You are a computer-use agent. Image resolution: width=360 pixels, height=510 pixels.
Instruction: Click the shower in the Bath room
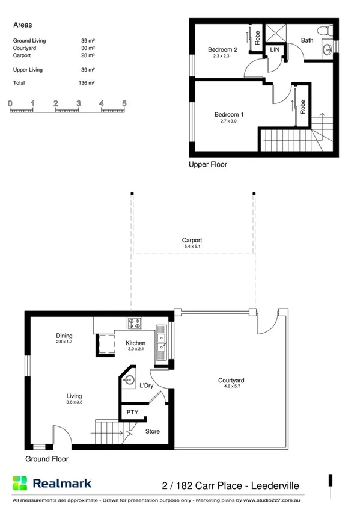(x=275, y=32)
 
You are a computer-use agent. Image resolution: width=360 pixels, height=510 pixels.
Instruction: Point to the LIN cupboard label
(x=275, y=50)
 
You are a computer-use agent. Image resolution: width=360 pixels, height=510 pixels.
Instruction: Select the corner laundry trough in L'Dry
(x=128, y=379)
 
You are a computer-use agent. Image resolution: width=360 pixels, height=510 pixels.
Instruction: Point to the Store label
(x=153, y=431)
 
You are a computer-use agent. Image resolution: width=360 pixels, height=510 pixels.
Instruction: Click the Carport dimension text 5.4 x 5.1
(x=192, y=247)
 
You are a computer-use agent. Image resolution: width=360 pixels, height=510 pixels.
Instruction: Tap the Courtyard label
(x=231, y=381)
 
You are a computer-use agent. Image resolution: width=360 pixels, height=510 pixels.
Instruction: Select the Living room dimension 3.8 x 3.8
(x=74, y=402)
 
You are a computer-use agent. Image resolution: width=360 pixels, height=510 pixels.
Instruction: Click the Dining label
(x=64, y=336)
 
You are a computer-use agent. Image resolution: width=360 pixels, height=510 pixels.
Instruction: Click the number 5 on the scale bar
(x=124, y=103)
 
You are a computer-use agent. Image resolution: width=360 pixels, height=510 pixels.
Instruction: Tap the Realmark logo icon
(x=20, y=483)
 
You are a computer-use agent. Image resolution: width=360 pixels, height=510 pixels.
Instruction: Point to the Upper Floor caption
(x=208, y=164)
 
